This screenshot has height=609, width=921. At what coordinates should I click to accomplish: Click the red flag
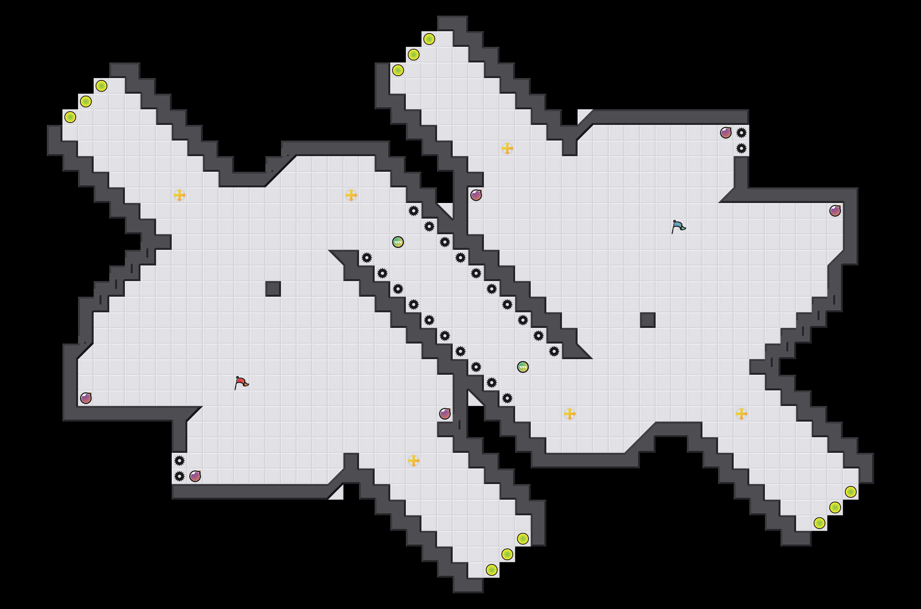241,383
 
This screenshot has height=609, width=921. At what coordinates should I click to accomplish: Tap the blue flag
678,226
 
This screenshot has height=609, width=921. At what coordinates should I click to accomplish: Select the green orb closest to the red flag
398,242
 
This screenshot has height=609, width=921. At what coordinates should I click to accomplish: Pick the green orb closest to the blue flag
523,367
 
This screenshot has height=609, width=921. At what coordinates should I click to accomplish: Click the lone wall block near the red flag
273,289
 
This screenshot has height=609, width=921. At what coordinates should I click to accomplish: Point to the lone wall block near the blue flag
648,320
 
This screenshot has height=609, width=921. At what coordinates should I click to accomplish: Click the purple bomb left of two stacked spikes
726,133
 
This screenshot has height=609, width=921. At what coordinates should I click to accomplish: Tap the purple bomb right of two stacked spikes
195,476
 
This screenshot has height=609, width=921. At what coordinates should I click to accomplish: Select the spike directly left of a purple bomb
180,476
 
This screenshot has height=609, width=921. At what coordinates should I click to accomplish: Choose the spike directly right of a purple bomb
741,133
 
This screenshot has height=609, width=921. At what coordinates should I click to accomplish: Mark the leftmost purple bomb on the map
86,398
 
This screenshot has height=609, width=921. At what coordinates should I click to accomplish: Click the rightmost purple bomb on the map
835,211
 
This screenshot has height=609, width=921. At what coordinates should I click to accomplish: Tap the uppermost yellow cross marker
507,148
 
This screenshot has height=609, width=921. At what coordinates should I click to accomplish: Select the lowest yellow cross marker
414,461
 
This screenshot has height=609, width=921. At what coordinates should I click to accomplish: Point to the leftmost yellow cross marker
180,195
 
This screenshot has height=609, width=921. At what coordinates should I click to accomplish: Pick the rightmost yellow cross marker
741,414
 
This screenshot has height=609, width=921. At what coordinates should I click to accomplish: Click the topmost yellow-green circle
429,39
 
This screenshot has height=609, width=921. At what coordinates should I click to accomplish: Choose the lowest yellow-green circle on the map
492,570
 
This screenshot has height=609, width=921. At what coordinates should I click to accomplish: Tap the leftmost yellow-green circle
70,117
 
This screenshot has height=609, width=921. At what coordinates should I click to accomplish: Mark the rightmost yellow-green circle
851,492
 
